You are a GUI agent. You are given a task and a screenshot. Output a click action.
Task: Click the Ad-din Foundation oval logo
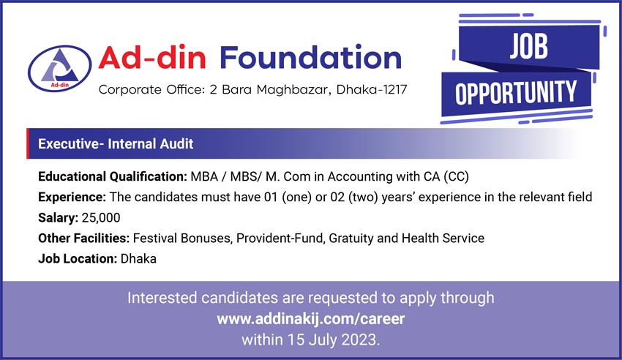[59, 68]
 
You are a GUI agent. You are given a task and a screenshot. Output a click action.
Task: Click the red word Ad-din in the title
[152, 58]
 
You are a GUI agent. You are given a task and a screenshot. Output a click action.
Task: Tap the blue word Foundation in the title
[310, 58]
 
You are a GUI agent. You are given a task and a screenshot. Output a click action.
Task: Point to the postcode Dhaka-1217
[372, 89]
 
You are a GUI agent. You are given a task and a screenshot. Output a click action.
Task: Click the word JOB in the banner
[529, 46]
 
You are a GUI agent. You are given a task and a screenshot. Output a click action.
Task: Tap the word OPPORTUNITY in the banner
[516, 93]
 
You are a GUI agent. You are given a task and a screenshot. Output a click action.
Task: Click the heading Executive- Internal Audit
[116, 143]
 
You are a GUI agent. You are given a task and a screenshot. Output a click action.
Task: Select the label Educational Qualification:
[113, 176]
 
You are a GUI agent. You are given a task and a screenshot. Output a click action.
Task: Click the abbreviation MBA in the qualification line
[204, 176]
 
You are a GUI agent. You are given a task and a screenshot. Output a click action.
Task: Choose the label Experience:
[72, 197]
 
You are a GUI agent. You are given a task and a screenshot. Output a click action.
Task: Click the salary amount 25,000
[101, 217]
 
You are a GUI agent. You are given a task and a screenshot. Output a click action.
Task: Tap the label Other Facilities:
[83, 239]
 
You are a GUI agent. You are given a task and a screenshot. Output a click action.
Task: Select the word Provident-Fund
[281, 239]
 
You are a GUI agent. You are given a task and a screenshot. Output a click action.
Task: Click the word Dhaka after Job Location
[138, 259]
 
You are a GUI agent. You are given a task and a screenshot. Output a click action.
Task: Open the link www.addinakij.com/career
[310, 319]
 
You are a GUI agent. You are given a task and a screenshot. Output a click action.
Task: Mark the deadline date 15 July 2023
[332, 340]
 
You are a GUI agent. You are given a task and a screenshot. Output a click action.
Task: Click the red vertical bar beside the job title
[28, 143]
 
